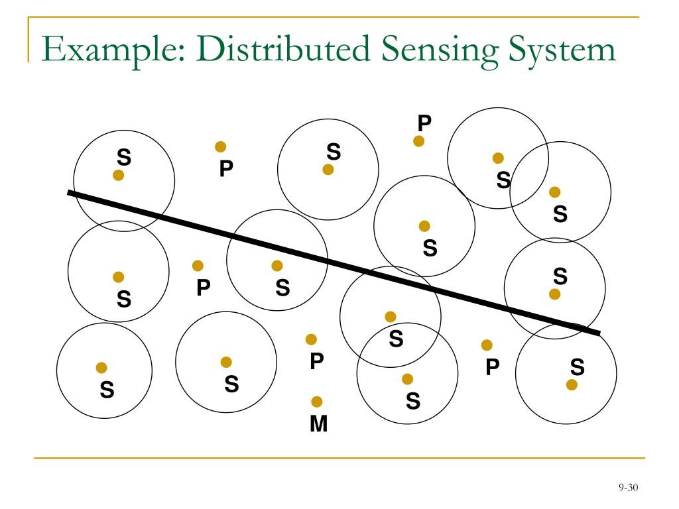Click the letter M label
pos(319,424)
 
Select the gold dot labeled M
pos(317,402)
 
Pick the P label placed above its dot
pos(424,123)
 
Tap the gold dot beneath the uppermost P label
pos(419,141)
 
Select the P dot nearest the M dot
pos(311,339)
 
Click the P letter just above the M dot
pos(317,361)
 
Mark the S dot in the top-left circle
pos(119,175)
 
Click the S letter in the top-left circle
pos(124,157)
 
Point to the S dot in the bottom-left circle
pos(101,368)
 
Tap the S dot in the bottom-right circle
pos(572,384)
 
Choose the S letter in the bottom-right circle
pos(577,367)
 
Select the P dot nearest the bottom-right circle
pos(487,345)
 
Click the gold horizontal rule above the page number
pos(339,457)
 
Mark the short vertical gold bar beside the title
pos(29,40)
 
